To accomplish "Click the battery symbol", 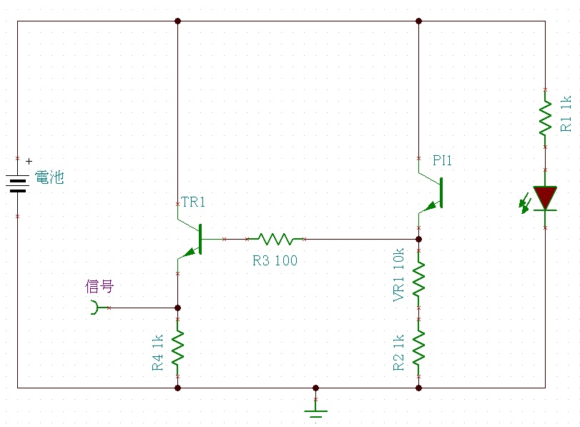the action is (x=17, y=184).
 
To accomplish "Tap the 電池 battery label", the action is (x=49, y=177).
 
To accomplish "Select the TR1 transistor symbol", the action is (x=190, y=239).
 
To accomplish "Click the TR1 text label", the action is (x=192, y=202).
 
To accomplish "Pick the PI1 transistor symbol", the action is (x=431, y=193).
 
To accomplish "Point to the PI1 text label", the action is (x=442, y=160).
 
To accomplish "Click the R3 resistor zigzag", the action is (x=275, y=239).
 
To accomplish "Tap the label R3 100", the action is (x=275, y=260).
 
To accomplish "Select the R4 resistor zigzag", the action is (x=177, y=348).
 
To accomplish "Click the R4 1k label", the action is (x=157, y=353).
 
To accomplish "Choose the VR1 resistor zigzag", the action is (x=418, y=280).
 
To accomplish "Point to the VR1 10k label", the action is (x=398, y=275).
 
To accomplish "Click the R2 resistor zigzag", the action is (x=418, y=348).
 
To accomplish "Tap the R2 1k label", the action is (x=398, y=353).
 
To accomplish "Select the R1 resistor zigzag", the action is (x=545, y=119).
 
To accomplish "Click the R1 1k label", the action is (x=566, y=114).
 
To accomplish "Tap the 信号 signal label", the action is (x=99, y=286).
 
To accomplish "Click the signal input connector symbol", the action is (x=95, y=308).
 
